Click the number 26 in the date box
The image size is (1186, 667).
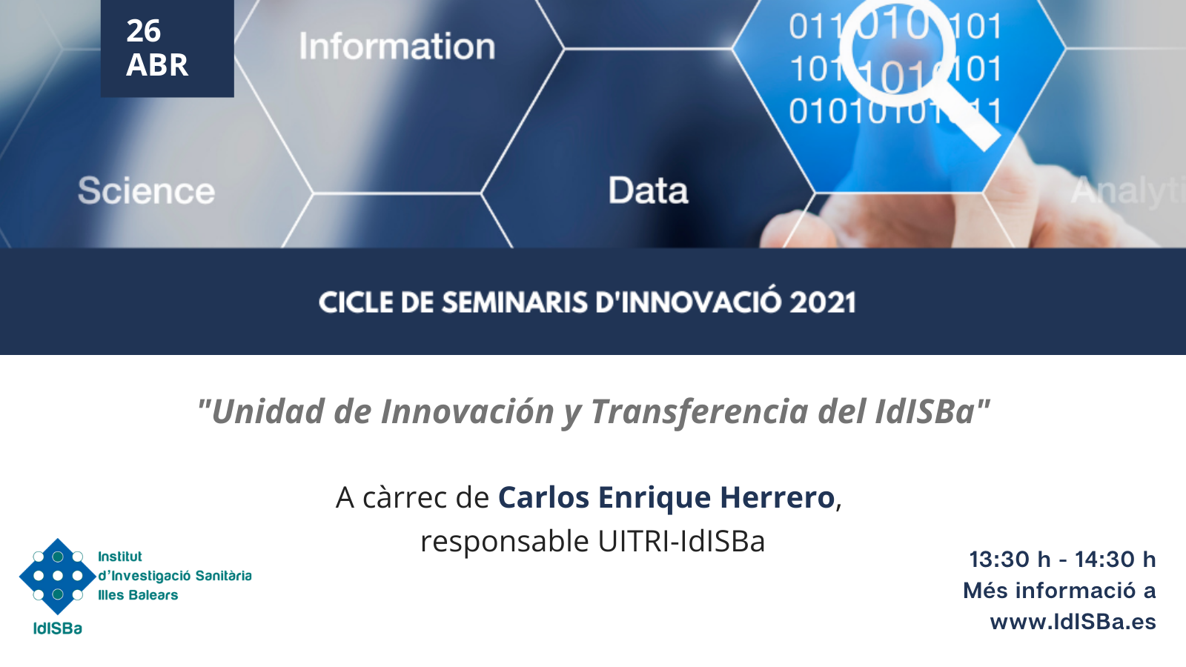click(144, 30)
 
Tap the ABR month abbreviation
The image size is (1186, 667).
click(157, 65)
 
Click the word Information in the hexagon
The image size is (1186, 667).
click(397, 46)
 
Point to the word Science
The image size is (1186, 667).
click(147, 190)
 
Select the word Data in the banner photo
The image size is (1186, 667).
click(648, 190)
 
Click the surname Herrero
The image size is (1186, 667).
click(778, 497)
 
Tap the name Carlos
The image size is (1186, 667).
click(544, 497)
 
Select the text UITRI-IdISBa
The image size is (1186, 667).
click(681, 542)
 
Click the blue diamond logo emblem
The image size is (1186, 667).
click(58, 576)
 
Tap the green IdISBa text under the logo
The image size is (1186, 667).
click(58, 628)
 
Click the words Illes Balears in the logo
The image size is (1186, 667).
click(138, 595)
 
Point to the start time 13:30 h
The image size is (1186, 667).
click(1010, 560)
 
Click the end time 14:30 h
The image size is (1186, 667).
click(1115, 560)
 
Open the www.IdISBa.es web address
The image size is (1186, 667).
click(1073, 622)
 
